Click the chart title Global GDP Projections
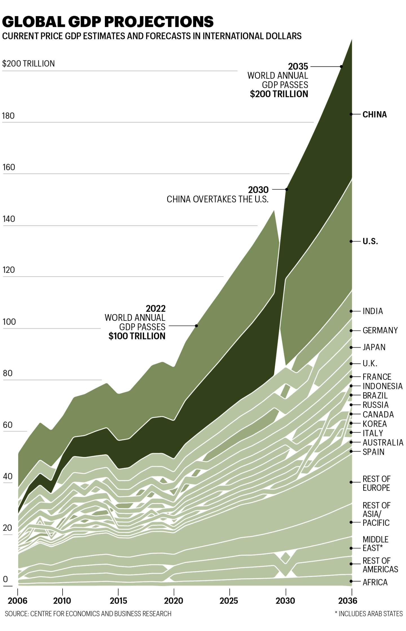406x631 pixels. [108, 22]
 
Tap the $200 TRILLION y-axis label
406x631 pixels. [28, 64]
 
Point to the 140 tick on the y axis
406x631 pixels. [9, 219]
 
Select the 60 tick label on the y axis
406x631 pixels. [8, 425]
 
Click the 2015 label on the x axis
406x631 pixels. [118, 601]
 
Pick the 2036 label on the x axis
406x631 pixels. [348, 601]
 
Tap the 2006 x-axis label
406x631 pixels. [17, 601]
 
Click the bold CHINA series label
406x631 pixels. [374, 115]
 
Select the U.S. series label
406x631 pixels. [370, 242]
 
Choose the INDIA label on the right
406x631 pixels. [372, 311]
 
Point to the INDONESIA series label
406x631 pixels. [382, 386]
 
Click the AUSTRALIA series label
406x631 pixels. [383, 442]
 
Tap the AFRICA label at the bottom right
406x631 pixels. [375, 582]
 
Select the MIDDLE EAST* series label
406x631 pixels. [375, 544]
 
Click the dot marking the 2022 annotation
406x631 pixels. [196, 326]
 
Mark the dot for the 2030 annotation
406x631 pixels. [287, 189]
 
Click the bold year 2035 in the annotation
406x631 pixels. [298, 67]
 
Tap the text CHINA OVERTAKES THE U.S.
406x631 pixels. [217, 199]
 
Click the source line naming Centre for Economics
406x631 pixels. [88, 614]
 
